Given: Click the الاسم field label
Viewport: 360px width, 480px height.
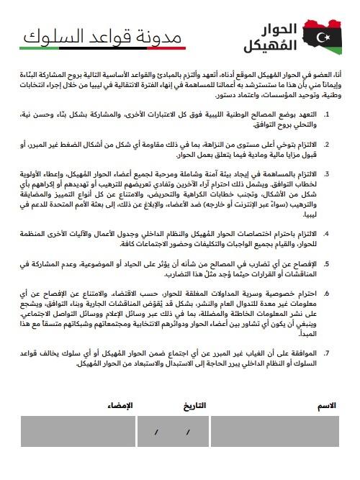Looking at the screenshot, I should pyautogui.click(x=327, y=407).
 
